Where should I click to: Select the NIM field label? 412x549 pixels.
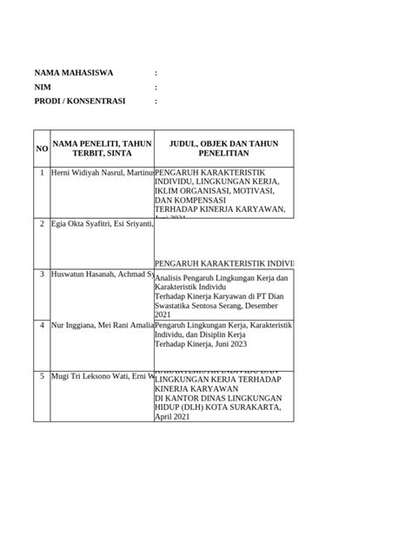(x=43, y=88)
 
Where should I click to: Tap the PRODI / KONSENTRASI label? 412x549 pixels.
(x=80, y=102)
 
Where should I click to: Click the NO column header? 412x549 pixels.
(x=42, y=150)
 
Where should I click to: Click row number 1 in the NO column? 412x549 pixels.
(x=42, y=173)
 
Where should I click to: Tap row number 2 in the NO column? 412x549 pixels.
(x=42, y=224)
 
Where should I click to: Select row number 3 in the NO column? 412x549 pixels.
(x=42, y=274)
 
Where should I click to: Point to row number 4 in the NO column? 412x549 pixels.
(x=42, y=325)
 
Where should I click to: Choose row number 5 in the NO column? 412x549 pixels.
(x=42, y=376)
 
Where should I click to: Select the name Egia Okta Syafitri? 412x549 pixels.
(x=89, y=224)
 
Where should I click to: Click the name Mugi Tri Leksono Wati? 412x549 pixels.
(x=93, y=376)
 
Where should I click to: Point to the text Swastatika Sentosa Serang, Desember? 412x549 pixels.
(x=222, y=306)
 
